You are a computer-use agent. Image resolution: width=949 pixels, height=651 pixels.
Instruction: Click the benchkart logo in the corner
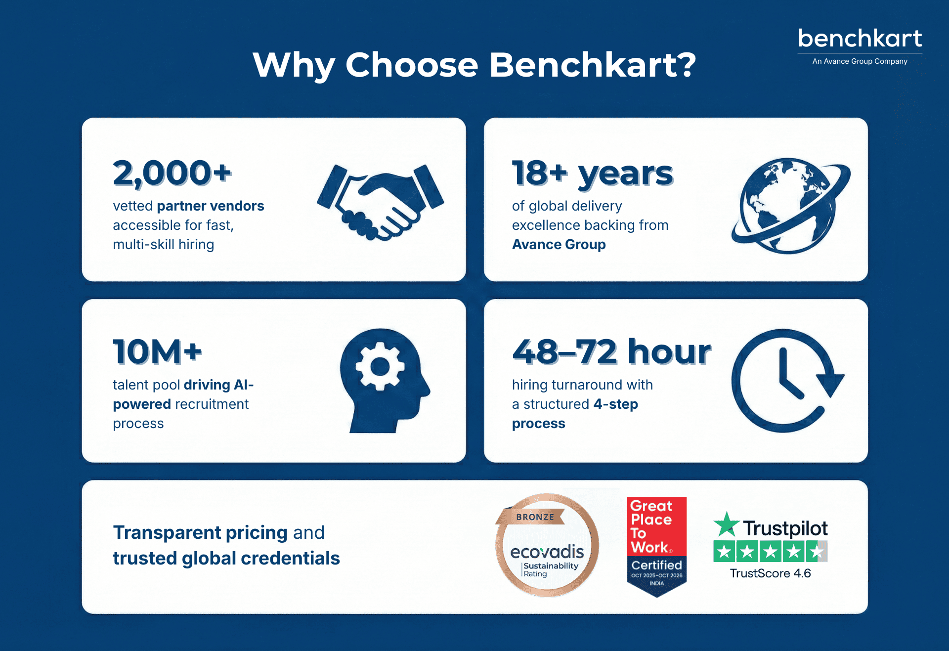[860, 39]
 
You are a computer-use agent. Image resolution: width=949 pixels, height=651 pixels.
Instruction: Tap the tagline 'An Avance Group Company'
[860, 61]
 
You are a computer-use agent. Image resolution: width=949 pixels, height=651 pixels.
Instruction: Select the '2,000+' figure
[172, 174]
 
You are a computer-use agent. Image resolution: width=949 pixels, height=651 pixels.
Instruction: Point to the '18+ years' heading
[592, 174]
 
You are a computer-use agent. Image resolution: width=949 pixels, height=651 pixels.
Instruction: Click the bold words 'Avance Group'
[559, 245]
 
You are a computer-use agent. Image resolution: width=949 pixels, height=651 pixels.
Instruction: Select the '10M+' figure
[157, 352]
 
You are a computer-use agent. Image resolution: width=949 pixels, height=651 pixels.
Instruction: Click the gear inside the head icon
[380, 366]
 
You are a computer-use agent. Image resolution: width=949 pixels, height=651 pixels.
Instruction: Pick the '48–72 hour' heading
[611, 352]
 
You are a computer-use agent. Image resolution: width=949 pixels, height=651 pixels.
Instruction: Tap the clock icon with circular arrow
[786, 381]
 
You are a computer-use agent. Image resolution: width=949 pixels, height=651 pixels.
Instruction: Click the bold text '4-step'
[615, 404]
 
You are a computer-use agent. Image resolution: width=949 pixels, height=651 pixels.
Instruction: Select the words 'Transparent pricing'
[200, 532]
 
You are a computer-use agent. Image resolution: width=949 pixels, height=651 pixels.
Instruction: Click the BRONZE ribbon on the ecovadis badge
[535, 517]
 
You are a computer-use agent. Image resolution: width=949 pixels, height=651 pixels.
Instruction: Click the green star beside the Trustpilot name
[726, 525]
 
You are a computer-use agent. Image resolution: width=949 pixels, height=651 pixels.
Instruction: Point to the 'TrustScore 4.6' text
[770, 573]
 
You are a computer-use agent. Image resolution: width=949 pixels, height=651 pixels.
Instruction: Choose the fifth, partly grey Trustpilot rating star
[817, 551]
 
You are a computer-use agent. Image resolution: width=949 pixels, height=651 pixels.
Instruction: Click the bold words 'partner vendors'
[211, 206]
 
